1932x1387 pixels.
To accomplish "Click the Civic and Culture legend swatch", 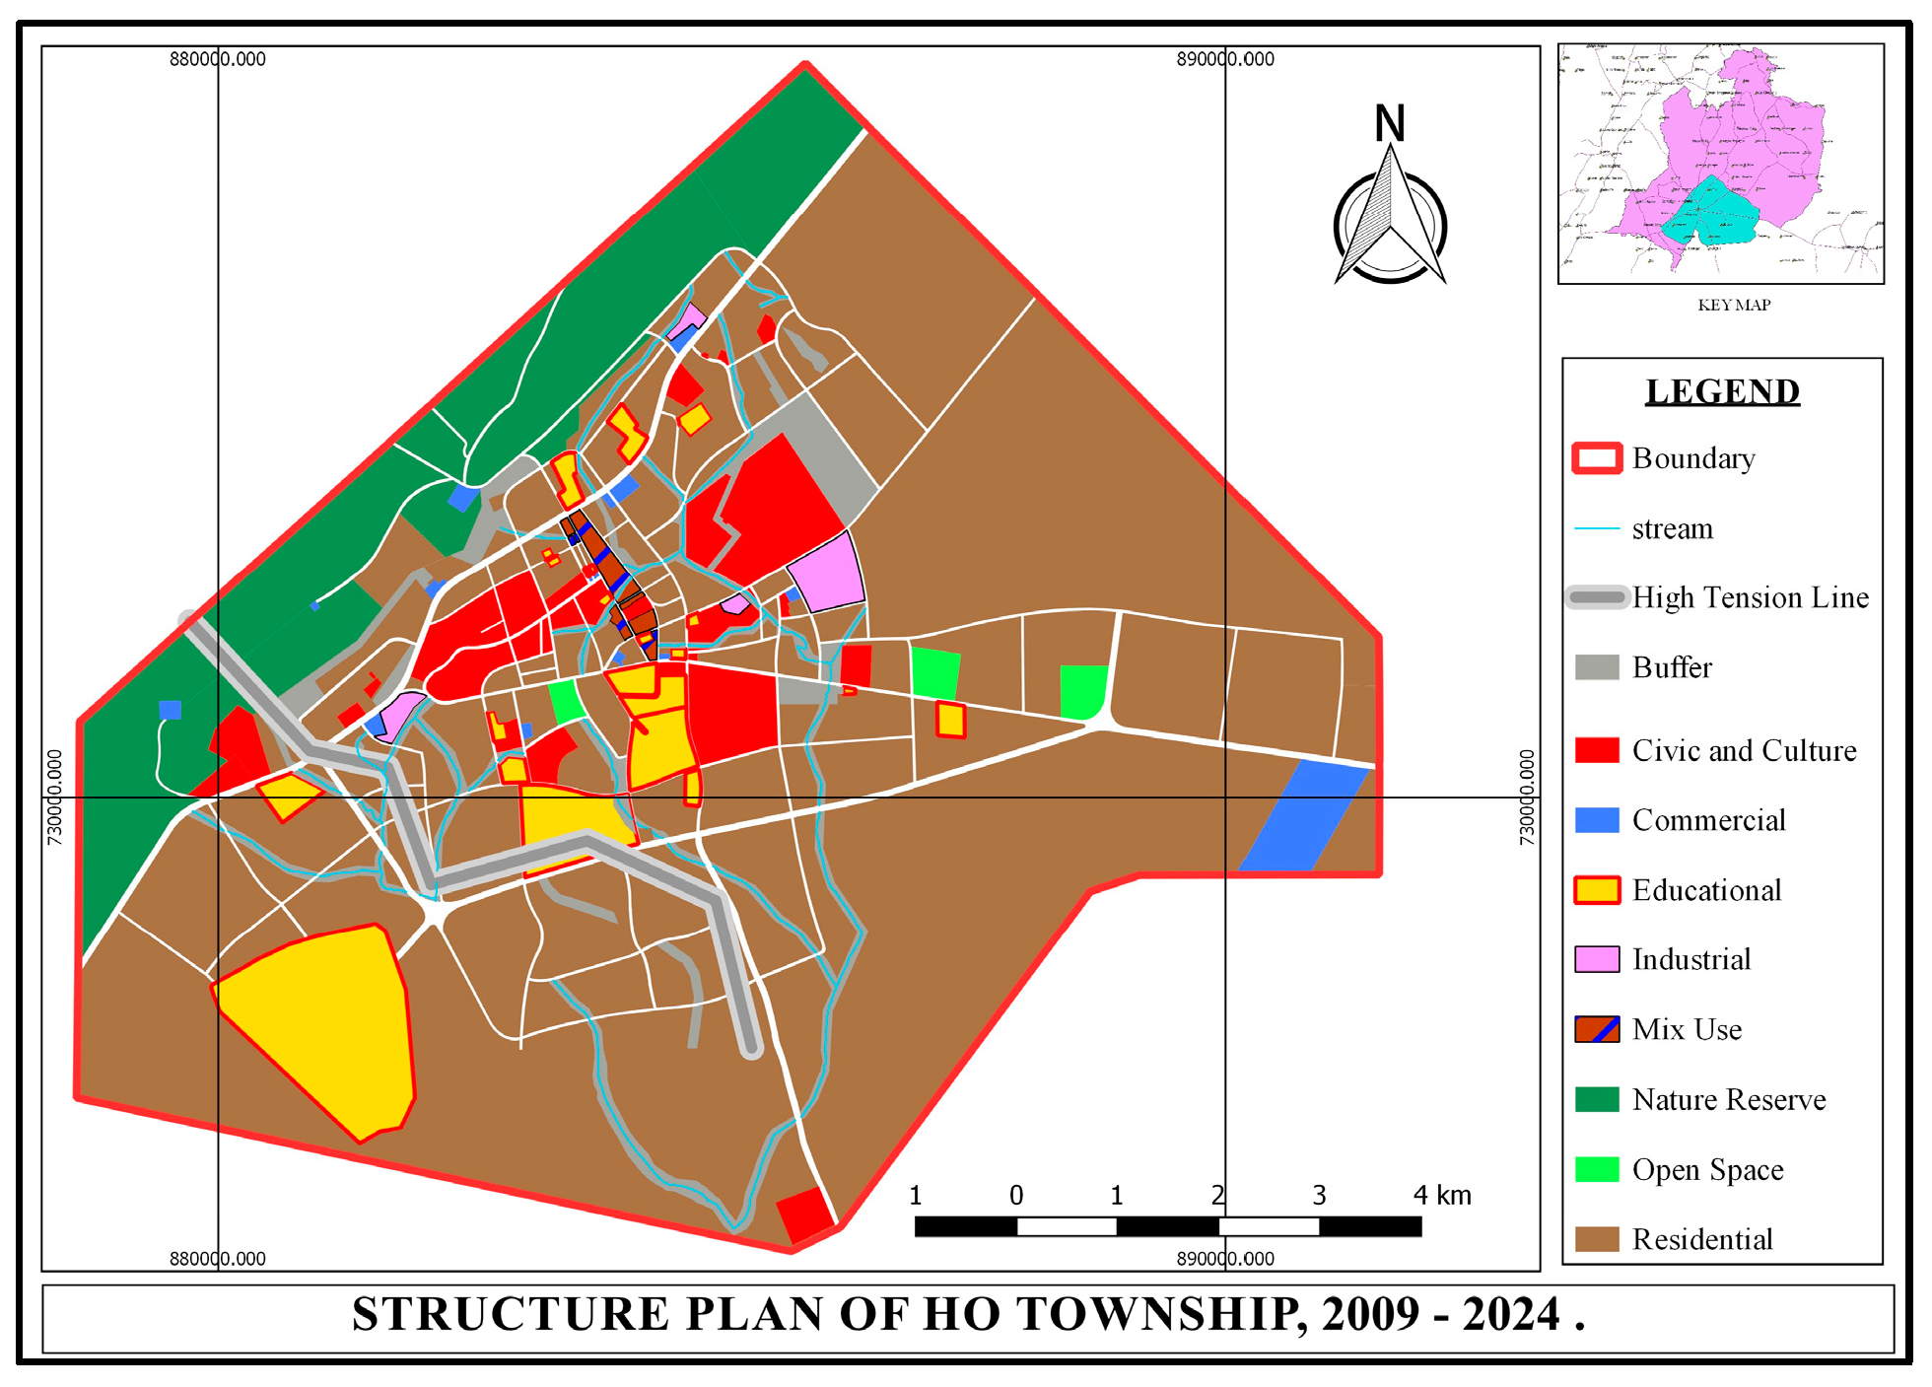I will click(1596, 750).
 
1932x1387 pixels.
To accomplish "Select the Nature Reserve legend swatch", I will click(1596, 1099).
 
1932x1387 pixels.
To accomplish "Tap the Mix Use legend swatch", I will click(1596, 1029).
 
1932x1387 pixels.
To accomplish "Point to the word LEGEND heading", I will click(1722, 392).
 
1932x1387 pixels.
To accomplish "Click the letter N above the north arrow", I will click(1390, 124).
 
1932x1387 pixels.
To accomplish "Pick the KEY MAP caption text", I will click(1734, 306).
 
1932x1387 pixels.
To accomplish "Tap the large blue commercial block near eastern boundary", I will click(1301, 816).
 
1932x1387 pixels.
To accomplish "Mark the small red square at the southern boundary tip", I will click(805, 1214).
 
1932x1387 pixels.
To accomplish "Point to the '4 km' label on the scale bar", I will click(1441, 1196).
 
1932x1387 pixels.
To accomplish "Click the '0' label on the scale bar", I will click(1016, 1196).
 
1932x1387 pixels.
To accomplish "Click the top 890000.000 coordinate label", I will click(1225, 59).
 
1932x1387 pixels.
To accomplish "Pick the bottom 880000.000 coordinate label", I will click(218, 1259).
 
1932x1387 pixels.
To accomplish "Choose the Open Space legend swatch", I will click(1596, 1169).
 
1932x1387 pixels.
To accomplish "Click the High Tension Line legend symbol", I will click(1597, 597).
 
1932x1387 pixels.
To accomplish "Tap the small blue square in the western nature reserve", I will click(171, 710).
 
